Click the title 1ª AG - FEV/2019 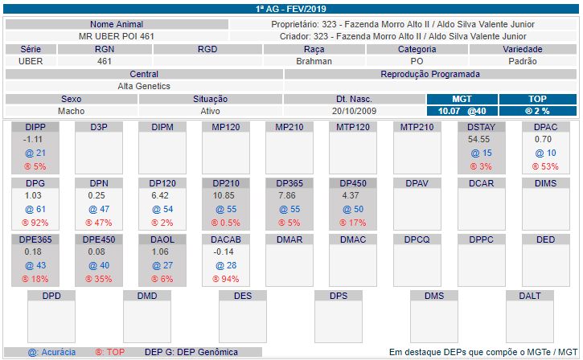(291, 9)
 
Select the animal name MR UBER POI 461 (117, 36)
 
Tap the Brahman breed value (314, 61)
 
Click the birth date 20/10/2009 (354, 111)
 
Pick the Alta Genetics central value (144, 86)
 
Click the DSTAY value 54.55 (479, 139)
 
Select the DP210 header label (226, 183)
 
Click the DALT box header (530, 296)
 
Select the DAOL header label (162, 239)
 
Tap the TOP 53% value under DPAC (545, 166)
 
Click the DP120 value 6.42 (161, 195)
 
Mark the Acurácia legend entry (52, 352)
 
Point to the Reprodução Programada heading (430, 74)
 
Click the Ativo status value (211, 111)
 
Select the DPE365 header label (35, 239)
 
